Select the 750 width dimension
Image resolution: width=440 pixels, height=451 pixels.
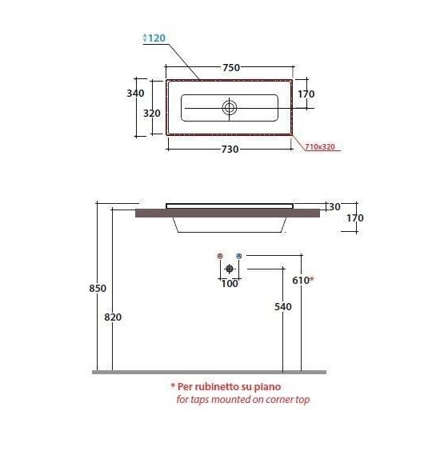pos(231,68)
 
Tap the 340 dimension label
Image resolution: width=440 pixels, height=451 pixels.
pos(135,94)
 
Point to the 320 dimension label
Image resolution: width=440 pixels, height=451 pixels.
pos(152,114)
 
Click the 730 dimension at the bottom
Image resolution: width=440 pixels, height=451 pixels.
pos(230,150)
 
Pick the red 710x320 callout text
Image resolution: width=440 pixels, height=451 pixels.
pos(320,146)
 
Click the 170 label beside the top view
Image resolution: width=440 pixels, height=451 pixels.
pos(306,94)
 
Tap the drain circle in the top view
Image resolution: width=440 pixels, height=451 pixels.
pos(230,108)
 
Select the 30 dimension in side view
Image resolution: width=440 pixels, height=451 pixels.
pos(334,206)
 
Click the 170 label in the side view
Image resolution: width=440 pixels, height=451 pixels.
pos(355,218)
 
